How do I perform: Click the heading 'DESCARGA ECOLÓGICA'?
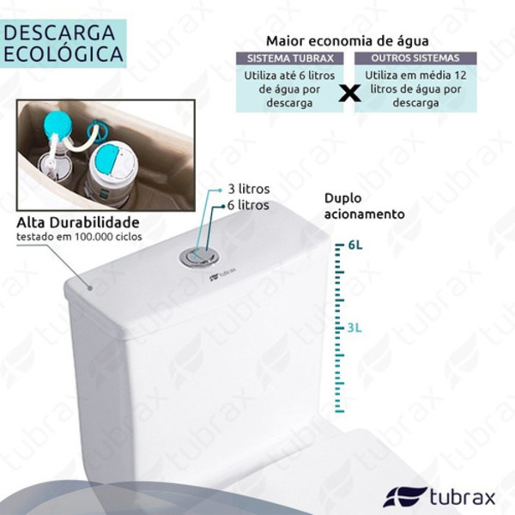(x=63, y=42)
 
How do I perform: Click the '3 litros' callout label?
(x=247, y=189)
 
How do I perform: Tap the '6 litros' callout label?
(x=247, y=205)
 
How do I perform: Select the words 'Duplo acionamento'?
(x=363, y=205)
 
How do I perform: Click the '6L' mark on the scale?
(x=355, y=245)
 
